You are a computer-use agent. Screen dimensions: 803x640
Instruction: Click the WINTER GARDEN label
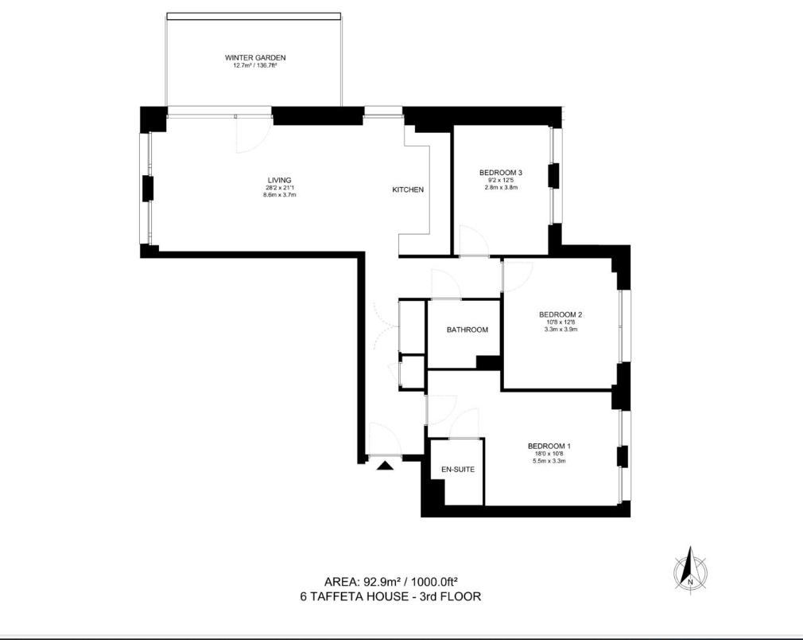pos(255,58)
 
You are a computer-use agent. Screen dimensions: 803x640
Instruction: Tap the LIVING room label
pos(280,180)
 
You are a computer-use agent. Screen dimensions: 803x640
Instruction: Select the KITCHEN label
pos(408,189)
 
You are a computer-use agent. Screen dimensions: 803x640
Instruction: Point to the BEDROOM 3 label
pos(501,173)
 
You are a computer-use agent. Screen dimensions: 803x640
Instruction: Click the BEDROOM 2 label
pos(561,315)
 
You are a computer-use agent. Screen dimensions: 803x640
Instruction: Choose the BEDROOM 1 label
pos(549,446)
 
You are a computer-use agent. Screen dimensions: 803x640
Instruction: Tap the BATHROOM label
pos(467,330)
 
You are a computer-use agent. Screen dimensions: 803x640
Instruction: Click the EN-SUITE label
pos(458,469)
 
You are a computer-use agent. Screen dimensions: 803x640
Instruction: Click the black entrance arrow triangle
pos(385,466)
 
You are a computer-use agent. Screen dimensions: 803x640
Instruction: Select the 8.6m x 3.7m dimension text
pos(280,195)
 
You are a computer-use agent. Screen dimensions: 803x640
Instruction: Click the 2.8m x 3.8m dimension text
pos(501,188)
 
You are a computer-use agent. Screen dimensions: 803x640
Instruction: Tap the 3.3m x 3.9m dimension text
pos(561,330)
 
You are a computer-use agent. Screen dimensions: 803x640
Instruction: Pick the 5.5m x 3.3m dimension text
pos(549,461)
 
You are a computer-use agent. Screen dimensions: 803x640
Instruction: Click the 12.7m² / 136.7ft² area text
pos(255,65)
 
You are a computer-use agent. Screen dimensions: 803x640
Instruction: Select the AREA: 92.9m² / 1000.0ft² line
pos(390,582)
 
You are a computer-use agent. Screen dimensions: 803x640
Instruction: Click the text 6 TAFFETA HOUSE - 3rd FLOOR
pos(390,596)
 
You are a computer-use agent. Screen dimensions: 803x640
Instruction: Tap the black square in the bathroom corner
pos(488,362)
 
